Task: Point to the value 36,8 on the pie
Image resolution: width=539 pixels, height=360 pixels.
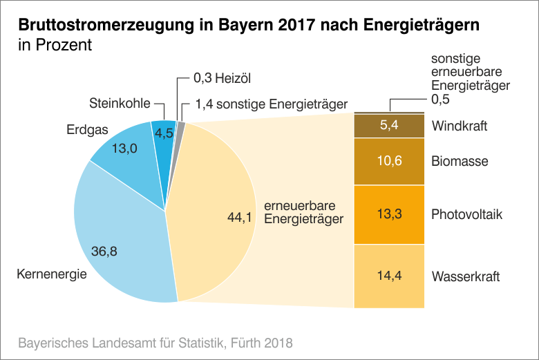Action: [x=104, y=252]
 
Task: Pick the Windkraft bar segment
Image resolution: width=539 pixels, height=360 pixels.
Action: [x=388, y=126]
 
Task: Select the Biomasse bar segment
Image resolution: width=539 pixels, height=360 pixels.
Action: [x=388, y=162]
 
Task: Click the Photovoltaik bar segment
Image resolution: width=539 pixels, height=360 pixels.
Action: [x=388, y=214]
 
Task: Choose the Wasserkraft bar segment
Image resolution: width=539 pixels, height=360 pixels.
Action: [x=388, y=276]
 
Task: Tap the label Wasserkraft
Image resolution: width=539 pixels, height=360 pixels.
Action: [x=465, y=277]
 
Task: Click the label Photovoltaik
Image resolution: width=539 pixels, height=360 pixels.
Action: [x=466, y=215]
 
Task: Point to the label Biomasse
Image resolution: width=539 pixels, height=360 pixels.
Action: [x=460, y=162]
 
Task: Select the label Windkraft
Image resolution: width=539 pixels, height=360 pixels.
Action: [x=460, y=126]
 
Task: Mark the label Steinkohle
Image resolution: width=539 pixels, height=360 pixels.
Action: [x=120, y=104]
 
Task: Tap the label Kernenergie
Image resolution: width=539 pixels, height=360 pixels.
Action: [x=51, y=274]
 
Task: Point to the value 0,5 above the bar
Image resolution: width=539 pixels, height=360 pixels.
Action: [x=441, y=100]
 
